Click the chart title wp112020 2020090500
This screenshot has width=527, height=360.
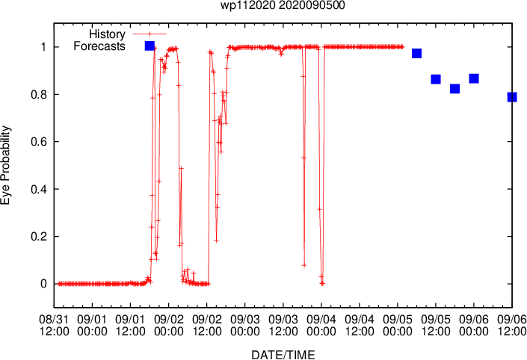[283, 5]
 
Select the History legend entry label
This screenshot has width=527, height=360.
[107, 34]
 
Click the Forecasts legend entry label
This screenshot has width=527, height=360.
[99, 46]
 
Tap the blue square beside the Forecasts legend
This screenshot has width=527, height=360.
[150, 46]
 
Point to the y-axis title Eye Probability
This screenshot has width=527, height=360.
[5, 165]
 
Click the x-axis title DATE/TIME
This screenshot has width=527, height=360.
[283, 355]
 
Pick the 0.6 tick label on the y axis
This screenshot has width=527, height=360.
[38, 142]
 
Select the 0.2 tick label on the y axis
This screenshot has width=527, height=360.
[38, 237]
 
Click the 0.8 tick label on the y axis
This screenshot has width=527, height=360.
[38, 94]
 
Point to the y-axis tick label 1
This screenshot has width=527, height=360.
[43, 46]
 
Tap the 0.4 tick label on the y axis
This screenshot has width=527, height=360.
[38, 189]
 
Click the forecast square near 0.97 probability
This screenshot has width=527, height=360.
[417, 53]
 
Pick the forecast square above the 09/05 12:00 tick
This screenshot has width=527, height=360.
[436, 79]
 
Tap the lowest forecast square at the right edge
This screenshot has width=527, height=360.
[512, 97]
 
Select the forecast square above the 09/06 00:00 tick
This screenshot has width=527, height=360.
[474, 78]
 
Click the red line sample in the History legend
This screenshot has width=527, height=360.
[150, 34]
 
